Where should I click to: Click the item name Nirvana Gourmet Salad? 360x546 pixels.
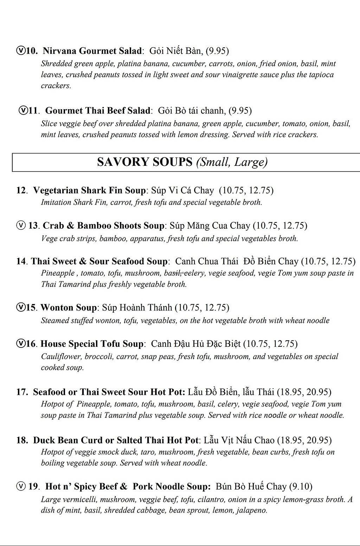click(92, 51)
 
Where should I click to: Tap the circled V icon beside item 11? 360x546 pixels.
click(23, 110)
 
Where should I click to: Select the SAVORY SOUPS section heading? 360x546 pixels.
click(144, 162)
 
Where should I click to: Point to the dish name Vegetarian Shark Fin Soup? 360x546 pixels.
click(89, 190)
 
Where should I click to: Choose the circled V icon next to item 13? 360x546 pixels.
click(21, 225)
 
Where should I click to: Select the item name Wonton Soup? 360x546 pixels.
click(68, 308)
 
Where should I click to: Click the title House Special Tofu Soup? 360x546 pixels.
click(92, 344)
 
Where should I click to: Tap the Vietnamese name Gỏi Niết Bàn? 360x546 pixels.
click(176, 51)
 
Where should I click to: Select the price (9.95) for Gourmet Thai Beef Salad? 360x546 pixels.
click(240, 111)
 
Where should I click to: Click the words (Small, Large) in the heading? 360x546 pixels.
click(232, 162)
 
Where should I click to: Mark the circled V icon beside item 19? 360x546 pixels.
click(21, 486)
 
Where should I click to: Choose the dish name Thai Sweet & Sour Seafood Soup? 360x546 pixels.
click(99, 261)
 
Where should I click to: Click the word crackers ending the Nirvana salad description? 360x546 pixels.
click(56, 86)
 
